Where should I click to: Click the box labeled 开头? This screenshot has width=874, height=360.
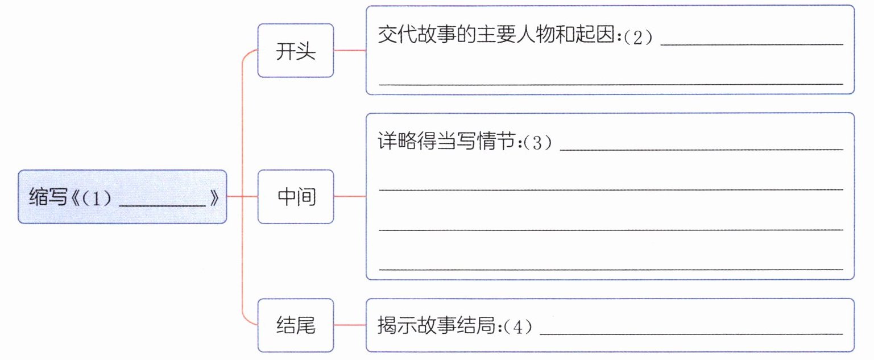click(x=296, y=51)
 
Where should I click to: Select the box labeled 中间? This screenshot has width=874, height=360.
click(x=296, y=197)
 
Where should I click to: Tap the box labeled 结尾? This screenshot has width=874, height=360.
click(x=296, y=325)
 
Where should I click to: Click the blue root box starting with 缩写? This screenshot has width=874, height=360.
click(x=122, y=197)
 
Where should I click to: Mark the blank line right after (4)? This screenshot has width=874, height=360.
click(x=690, y=333)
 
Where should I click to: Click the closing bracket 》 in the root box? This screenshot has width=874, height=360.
click(x=214, y=198)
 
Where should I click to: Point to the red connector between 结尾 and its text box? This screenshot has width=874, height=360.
click(x=350, y=325)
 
